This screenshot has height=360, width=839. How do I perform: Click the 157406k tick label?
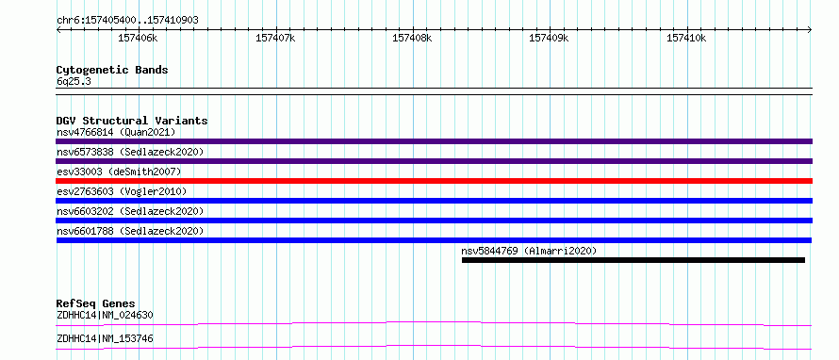(x=139, y=38)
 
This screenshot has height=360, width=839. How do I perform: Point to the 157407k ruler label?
(x=275, y=38)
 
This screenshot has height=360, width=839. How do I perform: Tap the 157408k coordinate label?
(x=413, y=38)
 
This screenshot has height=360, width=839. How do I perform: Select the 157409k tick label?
(x=549, y=38)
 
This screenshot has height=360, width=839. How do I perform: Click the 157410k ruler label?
(x=686, y=38)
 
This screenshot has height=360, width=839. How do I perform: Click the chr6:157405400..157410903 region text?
(x=127, y=21)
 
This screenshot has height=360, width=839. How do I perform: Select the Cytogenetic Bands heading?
(x=112, y=70)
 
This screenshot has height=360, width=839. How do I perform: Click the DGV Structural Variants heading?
(x=132, y=121)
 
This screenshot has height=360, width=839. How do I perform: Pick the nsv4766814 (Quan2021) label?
(x=116, y=132)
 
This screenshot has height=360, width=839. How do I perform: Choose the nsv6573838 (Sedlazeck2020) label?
(x=130, y=152)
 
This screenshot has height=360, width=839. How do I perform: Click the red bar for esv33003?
(x=434, y=181)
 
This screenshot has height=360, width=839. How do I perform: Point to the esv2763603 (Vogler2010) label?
(x=122, y=191)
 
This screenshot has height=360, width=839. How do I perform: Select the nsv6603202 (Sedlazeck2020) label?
(x=130, y=211)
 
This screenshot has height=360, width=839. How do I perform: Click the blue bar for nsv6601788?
(x=434, y=240)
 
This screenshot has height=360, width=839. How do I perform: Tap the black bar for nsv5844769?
(x=633, y=260)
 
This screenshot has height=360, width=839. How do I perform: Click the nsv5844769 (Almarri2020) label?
(x=529, y=251)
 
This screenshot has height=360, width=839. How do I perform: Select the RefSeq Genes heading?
(x=95, y=303)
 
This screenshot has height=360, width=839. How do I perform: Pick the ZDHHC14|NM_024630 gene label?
(x=105, y=316)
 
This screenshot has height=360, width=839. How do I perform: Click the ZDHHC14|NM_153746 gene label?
(x=105, y=339)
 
